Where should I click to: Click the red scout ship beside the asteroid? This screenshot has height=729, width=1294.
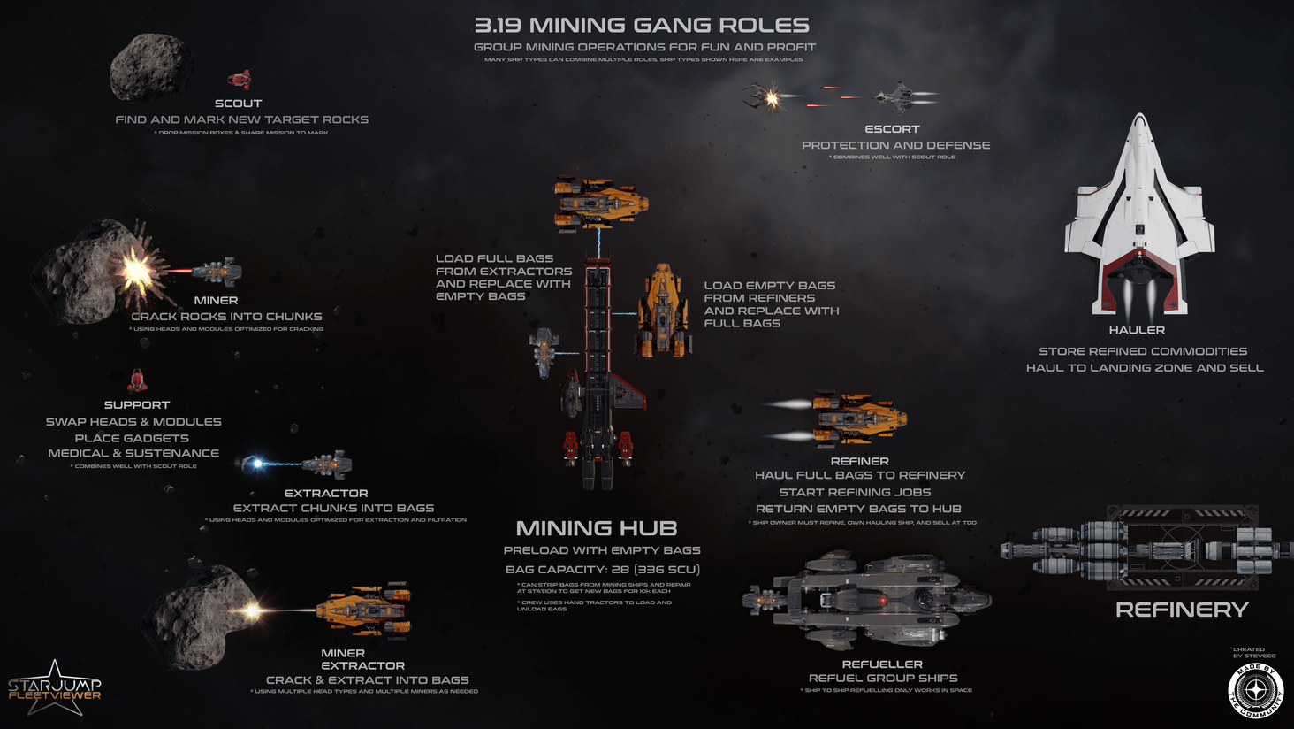tap(240, 81)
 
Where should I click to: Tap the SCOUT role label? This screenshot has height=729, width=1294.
tap(238, 104)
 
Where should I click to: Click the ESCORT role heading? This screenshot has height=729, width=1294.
tap(892, 129)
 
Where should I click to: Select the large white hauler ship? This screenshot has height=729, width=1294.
tap(1138, 221)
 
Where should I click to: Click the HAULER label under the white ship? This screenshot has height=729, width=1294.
tap(1137, 330)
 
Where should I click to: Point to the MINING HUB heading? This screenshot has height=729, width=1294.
tap(597, 529)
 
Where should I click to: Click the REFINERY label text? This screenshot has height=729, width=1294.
tap(1182, 610)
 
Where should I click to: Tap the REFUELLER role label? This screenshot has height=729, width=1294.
tap(882, 664)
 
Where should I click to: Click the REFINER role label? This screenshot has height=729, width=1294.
tap(859, 461)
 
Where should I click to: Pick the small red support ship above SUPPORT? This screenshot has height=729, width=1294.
tap(137, 380)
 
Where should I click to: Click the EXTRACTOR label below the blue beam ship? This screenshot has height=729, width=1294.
tap(326, 494)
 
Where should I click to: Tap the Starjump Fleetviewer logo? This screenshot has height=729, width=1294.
tap(55, 688)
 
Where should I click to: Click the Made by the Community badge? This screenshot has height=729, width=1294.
tap(1255, 689)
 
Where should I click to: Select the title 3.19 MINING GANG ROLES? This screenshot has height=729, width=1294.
tap(642, 26)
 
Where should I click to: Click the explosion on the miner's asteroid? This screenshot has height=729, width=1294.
tap(136, 271)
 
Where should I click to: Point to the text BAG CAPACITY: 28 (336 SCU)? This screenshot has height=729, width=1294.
tap(603, 570)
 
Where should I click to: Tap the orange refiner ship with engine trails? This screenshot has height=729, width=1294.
tap(857, 418)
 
